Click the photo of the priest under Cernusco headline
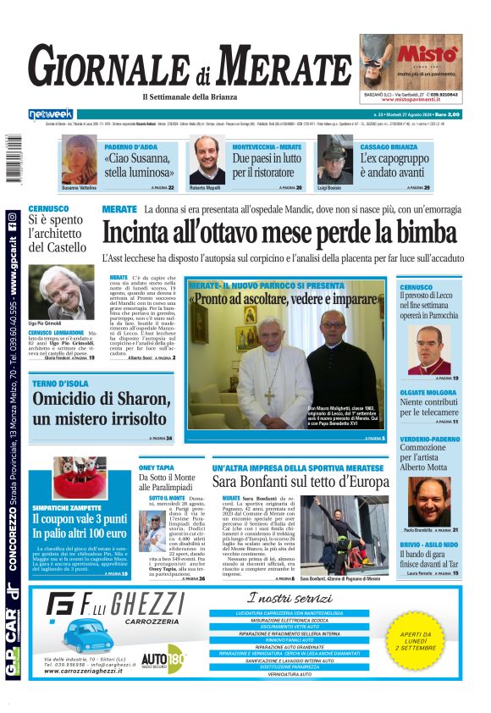pos(429,349)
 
